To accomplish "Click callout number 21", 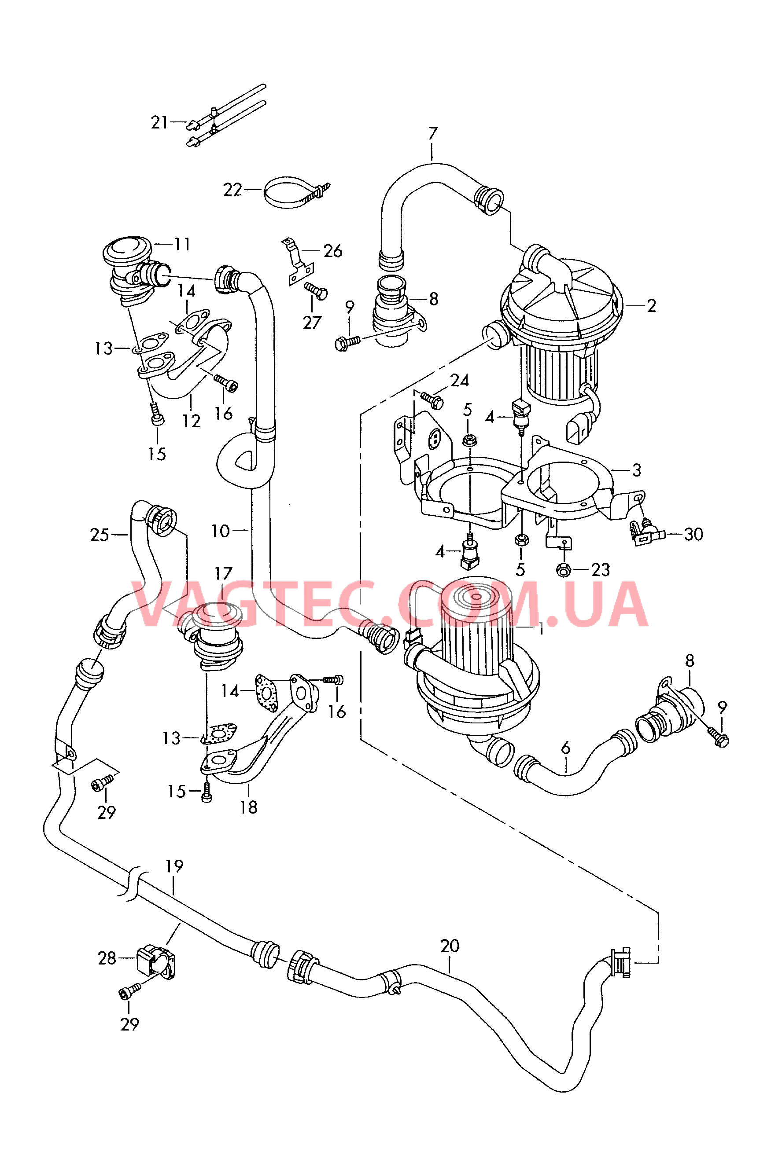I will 159,122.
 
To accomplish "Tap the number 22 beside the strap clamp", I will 232,190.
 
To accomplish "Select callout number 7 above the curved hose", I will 433,133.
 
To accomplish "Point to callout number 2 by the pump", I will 651,305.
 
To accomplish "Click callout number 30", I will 693,534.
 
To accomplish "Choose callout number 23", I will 601,569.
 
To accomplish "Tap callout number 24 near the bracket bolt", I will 459,381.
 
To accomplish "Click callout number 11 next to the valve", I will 182,244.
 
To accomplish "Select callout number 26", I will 332,251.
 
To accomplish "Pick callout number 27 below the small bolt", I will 312,323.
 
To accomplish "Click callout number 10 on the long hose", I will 221,531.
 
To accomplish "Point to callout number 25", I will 99,535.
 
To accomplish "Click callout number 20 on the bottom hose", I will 450,946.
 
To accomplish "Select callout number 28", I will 107,958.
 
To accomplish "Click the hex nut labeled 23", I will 563,570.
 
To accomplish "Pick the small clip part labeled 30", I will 646,534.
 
